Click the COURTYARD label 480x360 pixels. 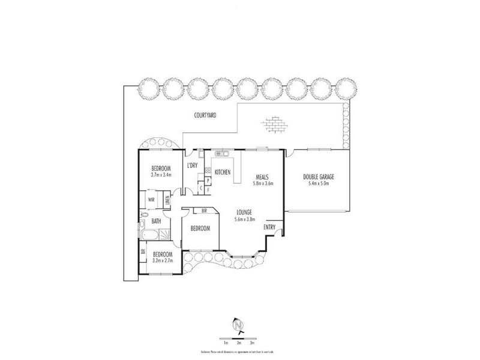tap(205, 115)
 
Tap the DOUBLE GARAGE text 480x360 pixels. tap(318, 177)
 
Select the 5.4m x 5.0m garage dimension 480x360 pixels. tap(318, 184)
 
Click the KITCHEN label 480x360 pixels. tap(223, 173)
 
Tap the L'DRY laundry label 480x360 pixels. tap(193, 166)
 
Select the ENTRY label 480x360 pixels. tap(269, 227)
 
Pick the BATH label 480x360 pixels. tap(156, 221)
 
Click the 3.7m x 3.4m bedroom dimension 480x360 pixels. tap(161, 175)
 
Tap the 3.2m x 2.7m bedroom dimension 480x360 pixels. tap(161, 260)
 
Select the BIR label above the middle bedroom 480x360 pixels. tap(205, 211)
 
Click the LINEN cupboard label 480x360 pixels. tap(167, 199)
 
